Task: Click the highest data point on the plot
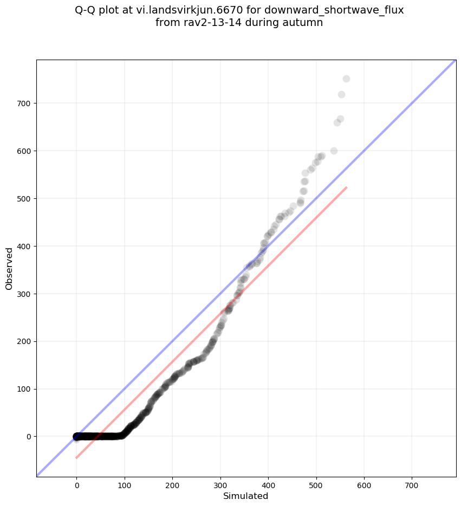[x=346, y=79]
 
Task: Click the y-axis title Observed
[x=9, y=268]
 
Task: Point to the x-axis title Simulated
[x=246, y=496]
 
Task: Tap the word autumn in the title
[x=305, y=23]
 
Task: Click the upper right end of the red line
[x=346, y=187]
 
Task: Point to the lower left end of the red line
[x=76, y=458]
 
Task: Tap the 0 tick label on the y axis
[x=30, y=437]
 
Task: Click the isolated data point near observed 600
[x=334, y=151]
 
